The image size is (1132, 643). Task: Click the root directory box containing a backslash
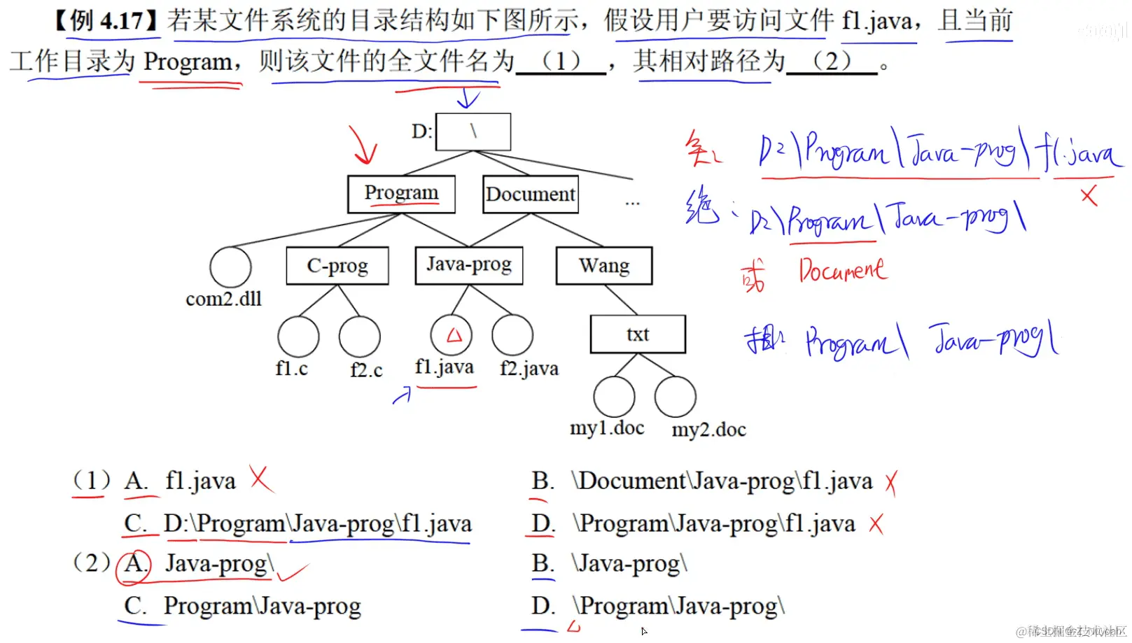pos(473,132)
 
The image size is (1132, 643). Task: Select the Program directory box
pos(401,194)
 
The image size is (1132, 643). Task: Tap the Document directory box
pos(531,194)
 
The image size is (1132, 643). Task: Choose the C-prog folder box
pos(337,266)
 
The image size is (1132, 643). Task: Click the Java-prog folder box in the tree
pos(469,265)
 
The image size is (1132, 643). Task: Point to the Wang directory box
pos(604,266)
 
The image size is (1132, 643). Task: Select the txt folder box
pos(638,334)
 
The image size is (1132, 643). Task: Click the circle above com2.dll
pos(230,267)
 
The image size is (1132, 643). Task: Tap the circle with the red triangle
pos(452,335)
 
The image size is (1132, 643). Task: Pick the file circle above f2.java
pos(512,335)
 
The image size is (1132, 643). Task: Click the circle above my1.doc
pos(614,397)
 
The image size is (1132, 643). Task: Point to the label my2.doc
pos(708,430)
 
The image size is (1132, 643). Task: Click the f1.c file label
pos(291,368)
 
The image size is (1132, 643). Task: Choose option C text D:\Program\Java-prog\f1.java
pos(318,524)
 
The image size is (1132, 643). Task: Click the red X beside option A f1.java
pos(261,479)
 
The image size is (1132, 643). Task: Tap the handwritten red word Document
pos(843,270)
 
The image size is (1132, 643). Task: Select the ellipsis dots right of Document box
pos(632,203)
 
